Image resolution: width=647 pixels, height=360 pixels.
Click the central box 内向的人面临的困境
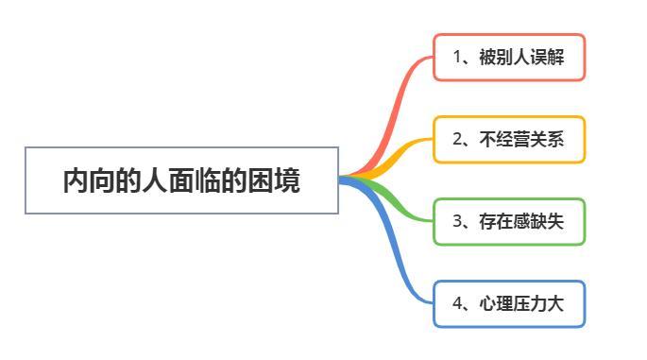point(181,180)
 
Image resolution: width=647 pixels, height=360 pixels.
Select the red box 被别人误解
point(509,57)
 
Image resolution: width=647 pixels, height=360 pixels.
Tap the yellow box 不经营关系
point(509,139)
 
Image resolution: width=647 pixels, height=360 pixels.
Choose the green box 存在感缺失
point(509,221)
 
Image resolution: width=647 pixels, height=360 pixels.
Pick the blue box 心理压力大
point(509,303)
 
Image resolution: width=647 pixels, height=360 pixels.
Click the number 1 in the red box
point(457,57)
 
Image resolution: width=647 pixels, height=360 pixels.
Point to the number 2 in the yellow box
point(457,139)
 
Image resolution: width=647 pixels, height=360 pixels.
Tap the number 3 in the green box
point(457,221)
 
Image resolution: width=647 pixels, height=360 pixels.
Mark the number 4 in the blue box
point(457,303)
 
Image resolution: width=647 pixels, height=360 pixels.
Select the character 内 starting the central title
point(76,180)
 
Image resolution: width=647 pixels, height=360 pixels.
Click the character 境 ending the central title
point(288,180)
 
